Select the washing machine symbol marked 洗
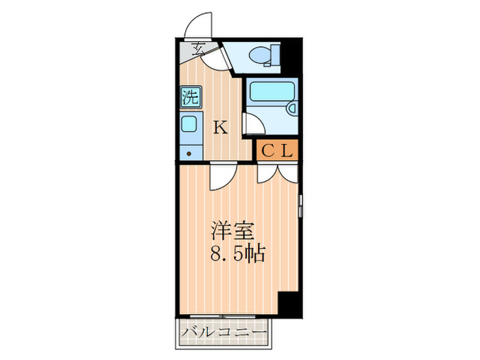[190, 97]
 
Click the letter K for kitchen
[219, 126]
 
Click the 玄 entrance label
[198, 48]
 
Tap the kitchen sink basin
[190, 124]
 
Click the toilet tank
[276, 53]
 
